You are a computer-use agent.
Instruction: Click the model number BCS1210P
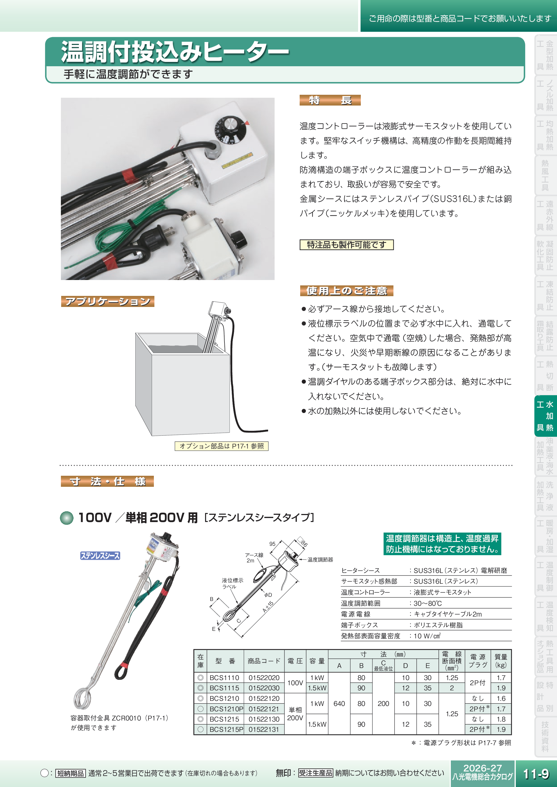coord(226,709)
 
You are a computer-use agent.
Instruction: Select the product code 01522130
coord(264,719)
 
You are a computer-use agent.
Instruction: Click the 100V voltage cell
coord(295,683)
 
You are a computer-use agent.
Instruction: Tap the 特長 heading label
coord(330,100)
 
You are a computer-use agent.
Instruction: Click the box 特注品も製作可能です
coord(347,245)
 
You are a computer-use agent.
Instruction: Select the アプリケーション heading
coord(107,301)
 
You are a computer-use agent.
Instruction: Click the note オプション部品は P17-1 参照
coord(222,446)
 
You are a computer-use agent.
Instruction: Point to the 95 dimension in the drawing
coord(272,544)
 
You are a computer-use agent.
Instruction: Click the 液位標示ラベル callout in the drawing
coord(232,583)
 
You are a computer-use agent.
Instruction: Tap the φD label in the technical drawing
coord(268,595)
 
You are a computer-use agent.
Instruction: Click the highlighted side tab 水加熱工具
coord(545,416)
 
